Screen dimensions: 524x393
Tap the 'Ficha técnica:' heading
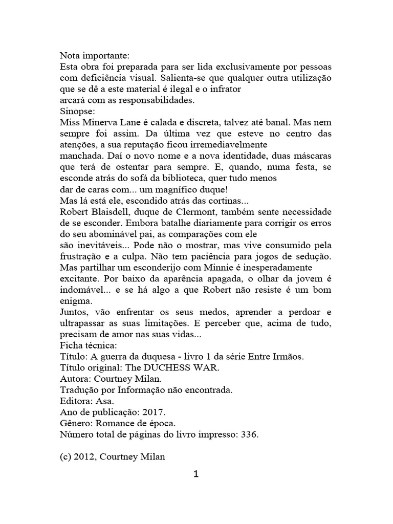(x=87, y=345)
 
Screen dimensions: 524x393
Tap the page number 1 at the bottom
(x=196, y=474)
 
